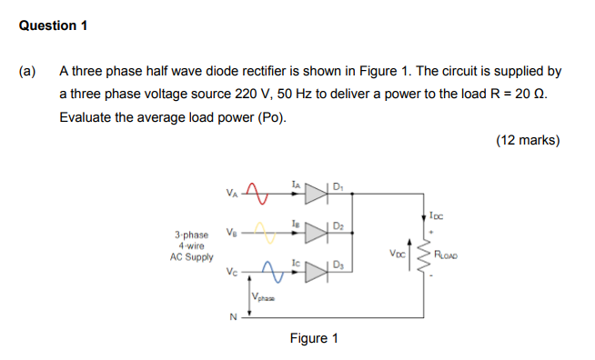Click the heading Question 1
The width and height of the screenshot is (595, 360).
pos(53,25)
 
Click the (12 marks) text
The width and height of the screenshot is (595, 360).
pos(528,141)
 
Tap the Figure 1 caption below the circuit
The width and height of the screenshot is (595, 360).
pos(314,339)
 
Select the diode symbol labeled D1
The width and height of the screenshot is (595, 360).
pos(316,193)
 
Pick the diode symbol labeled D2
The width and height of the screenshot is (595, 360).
pos(316,233)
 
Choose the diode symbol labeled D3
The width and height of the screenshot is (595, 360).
pos(316,271)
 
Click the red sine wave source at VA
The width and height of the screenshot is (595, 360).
pos(258,193)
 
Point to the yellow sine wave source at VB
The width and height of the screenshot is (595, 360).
pos(264,233)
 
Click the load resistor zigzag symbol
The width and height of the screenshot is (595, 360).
pos(421,255)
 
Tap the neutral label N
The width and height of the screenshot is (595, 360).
pos(233,317)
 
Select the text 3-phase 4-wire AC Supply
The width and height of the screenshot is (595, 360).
pos(191,245)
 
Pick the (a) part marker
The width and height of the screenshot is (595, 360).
pos(27,70)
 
